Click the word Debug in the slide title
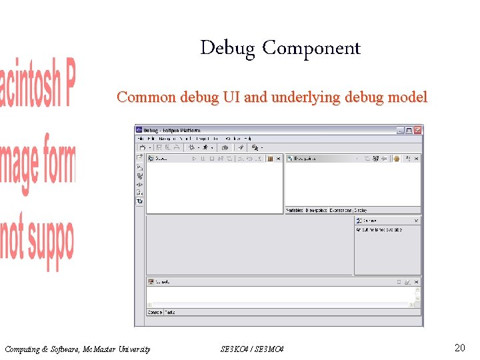coord(227,49)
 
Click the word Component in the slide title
coord(311,49)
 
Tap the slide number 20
coord(459,347)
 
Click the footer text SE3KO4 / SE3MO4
coord(252,349)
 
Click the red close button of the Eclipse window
coord(418,130)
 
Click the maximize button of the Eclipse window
coord(409,130)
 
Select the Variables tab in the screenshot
coord(294,211)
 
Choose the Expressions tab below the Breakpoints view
coord(341,211)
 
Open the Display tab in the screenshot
coord(361,211)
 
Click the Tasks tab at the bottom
coord(170,312)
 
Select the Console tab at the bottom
coord(155,312)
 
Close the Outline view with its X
coord(417,221)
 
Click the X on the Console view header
coord(417,282)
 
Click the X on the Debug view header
coord(278,159)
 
